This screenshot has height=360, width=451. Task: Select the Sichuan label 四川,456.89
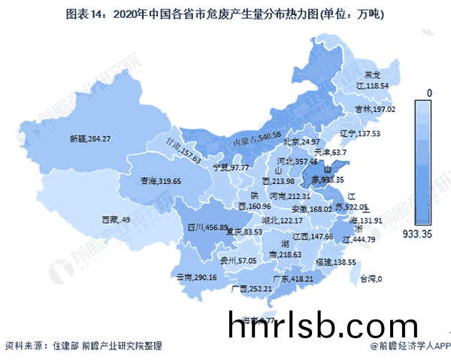tap(207, 227)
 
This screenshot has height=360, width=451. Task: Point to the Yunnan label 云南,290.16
tap(196, 277)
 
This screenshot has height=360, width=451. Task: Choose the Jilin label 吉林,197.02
tap(374, 110)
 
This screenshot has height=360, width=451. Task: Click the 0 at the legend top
tap(429, 92)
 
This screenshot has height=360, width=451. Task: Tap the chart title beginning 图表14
tap(225, 13)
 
